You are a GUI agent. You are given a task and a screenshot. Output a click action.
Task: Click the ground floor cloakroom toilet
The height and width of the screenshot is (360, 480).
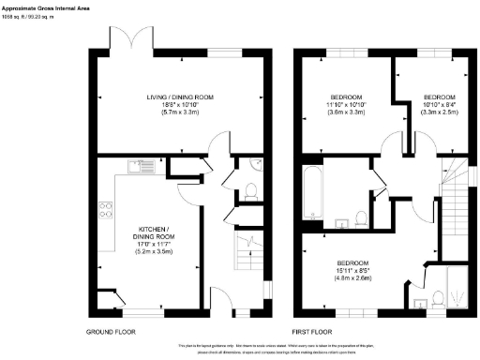point(250,192)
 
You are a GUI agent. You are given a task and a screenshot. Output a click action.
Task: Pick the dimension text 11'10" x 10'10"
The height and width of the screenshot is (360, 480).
point(348,105)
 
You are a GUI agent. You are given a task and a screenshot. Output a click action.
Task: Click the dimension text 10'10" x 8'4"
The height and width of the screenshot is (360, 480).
point(438,105)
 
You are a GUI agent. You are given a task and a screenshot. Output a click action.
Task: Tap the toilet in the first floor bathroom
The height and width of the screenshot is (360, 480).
point(361,219)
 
